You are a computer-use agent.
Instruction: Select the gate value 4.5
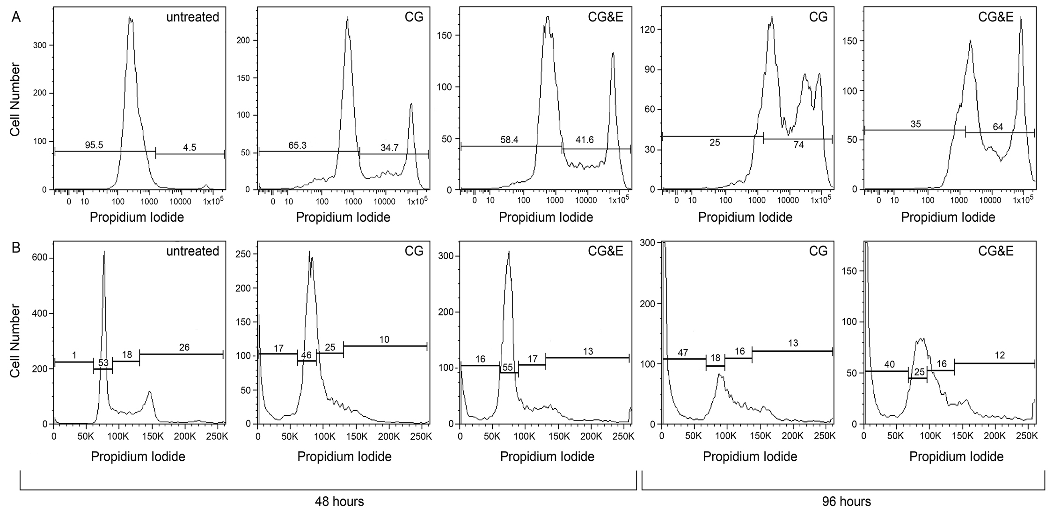pyautogui.click(x=190, y=148)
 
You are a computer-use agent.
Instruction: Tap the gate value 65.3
pyautogui.click(x=297, y=145)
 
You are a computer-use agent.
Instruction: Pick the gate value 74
pyautogui.click(x=798, y=145)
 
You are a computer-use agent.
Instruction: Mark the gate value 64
pyautogui.click(x=998, y=127)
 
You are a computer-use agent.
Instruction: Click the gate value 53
pyautogui.click(x=103, y=363)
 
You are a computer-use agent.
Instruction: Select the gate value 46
pyautogui.click(x=306, y=355)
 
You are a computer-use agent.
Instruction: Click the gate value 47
pyautogui.click(x=683, y=353)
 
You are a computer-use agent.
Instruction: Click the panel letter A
pyautogui.click(x=16, y=17)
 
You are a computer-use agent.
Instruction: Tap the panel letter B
pyautogui.click(x=16, y=247)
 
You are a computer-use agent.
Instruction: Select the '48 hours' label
pyautogui.click(x=339, y=502)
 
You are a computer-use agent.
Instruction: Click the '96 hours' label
pyautogui.click(x=847, y=502)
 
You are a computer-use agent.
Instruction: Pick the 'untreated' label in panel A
pyautogui.click(x=192, y=17)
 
